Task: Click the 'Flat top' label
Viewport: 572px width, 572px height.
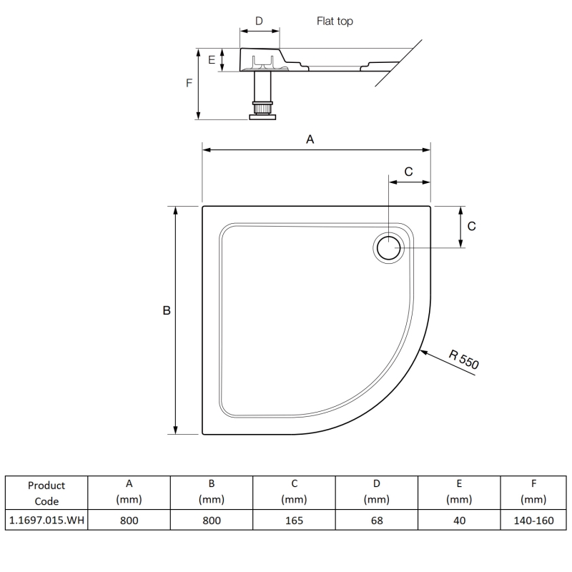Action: click(x=335, y=21)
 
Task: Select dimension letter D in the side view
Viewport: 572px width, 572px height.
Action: click(x=259, y=21)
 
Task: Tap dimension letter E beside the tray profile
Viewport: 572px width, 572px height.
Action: click(x=212, y=60)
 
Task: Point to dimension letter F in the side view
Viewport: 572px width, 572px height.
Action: click(x=189, y=83)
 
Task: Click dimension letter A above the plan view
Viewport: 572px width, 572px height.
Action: click(x=310, y=140)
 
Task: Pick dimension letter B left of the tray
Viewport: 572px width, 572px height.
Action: click(x=167, y=311)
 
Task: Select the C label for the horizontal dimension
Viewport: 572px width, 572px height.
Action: click(x=408, y=172)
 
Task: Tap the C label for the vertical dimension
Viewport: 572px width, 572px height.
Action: click(x=471, y=226)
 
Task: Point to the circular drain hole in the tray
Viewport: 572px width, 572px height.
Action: click(x=388, y=248)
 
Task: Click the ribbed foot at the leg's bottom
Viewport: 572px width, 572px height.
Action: click(x=262, y=111)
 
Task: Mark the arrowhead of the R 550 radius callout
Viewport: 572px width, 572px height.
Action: click(x=423, y=350)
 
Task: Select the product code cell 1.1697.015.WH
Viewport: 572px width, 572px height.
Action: click(x=46, y=520)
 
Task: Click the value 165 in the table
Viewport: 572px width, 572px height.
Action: click(x=294, y=520)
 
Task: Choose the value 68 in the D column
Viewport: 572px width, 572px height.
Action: click(x=376, y=520)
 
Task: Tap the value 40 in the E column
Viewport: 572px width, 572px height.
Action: click(x=459, y=520)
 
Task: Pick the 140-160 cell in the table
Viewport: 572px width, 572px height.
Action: click(x=533, y=520)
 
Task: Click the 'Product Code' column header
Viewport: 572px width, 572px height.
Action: click(x=46, y=493)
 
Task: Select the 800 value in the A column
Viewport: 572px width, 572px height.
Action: click(x=129, y=520)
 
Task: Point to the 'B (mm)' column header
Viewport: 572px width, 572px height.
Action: click(x=212, y=493)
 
